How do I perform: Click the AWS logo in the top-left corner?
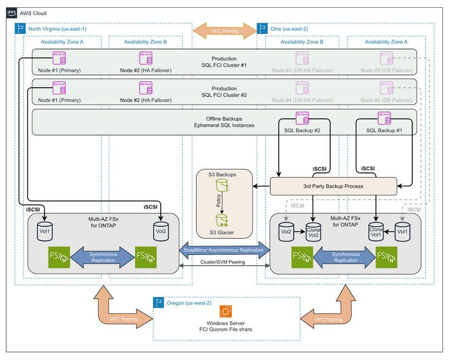pos(13,13)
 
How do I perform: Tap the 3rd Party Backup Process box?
pos(333,186)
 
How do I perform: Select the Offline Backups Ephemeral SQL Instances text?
pos(224,122)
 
